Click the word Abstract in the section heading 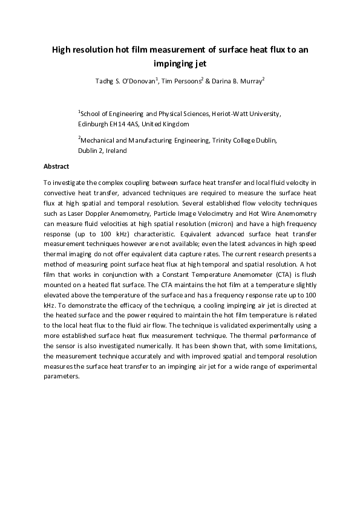click(x=56, y=166)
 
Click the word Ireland click(x=114, y=151)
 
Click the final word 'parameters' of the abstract click(x=61, y=375)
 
